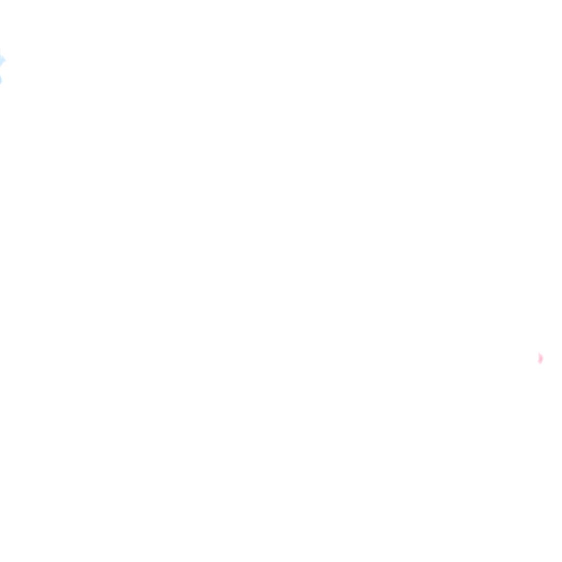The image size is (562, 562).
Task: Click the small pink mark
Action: pyautogui.click(x=540, y=358)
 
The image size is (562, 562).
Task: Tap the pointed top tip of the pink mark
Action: pyautogui.click(x=539, y=353)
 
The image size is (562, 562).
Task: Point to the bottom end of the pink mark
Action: pyautogui.click(x=540, y=364)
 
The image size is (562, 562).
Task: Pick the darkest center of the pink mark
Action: pyautogui.click(x=540, y=358)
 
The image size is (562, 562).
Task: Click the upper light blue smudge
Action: pyautogui.click(x=2, y=60)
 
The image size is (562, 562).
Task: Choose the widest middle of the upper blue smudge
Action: pyautogui.click(x=2, y=60)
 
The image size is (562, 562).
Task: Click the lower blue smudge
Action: pyautogui.click(x=1, y=80)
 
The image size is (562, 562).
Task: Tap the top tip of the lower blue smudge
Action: pyautogui.click(x=1, y=75)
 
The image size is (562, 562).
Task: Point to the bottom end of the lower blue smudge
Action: pyautogui.click(x=1, y=84)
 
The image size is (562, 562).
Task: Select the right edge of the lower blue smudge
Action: pyautogui.click(x=2, y=80)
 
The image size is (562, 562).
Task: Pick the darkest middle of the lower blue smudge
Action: pyautogui.click(x=1, y=80)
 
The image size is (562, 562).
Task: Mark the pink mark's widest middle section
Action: pyautogui.click(x=540, y=358)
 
